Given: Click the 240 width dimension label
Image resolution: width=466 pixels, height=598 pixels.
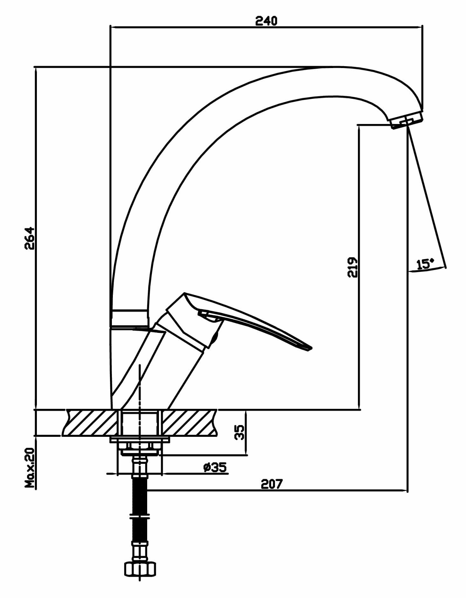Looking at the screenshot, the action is click(x=266, y=21).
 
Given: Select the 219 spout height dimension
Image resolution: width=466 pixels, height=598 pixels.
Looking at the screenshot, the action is click(x=353, y=267).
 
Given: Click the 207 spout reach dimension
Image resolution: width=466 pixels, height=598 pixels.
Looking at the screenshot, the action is click(x=271, y=484).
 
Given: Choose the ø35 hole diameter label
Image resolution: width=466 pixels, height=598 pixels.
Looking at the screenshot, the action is click(x=215, y=467).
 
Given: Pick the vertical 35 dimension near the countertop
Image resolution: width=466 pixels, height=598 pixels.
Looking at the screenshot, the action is click(x=239, y=432).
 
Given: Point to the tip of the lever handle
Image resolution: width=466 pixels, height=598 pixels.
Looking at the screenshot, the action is click(x=309, y=349).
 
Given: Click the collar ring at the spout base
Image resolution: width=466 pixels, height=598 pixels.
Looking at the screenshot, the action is click(x=129, y=317).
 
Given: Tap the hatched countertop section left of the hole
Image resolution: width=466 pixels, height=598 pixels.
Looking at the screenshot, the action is click(x=91, y=423).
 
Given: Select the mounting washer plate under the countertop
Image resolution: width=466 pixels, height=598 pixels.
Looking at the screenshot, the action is click(x=140, y=440).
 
